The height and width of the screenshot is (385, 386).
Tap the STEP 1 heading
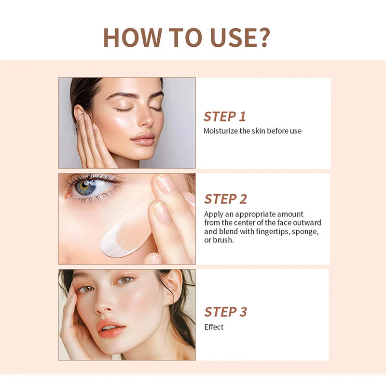[224, 117]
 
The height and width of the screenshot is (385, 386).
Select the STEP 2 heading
[225, 199]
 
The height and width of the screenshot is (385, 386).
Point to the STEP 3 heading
[225, 312]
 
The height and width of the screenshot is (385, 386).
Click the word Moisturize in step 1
[221, 131]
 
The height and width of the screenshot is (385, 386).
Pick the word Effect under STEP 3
[214, 327]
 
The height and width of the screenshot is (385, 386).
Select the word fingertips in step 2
[274, 231]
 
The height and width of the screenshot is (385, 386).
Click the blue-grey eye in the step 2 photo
[87, 186]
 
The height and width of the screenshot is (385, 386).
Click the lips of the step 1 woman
[143, 139]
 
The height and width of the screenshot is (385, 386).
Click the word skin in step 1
[258, 131]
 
